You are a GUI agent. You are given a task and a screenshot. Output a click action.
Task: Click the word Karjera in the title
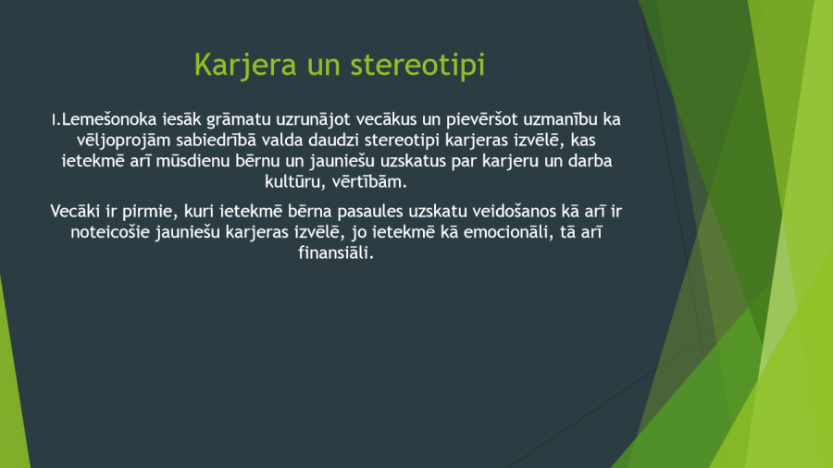tap(245, 66)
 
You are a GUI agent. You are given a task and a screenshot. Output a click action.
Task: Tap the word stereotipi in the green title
tap(417, 66)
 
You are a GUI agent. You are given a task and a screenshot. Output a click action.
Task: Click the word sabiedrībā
tap(217, 140)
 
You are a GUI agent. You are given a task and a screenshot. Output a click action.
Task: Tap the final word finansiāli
tap(336, 253)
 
